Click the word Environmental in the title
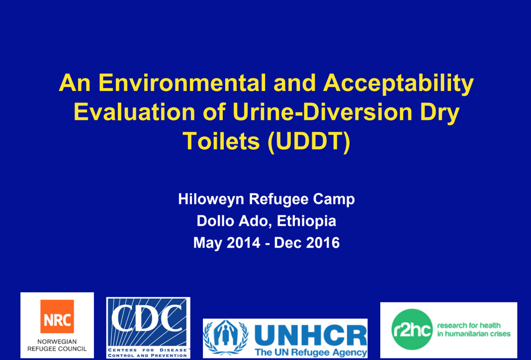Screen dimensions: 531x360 (x=182, y=83)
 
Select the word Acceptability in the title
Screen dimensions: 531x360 (x=398, y=84)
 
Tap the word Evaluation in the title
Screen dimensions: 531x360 (x=134, y=112)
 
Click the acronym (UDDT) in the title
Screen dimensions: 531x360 (x=309, y=142)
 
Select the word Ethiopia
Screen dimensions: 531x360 (x=306, y=221)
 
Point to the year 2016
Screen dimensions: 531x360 (x=323, y=243)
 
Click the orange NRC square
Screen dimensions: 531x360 (x=57, y=316)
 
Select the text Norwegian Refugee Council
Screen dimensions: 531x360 (x=57, y=345)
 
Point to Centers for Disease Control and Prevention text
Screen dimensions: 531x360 (x=148, y=353)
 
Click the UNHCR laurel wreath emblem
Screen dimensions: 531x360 (x=226, y=338)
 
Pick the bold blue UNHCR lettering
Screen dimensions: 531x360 (x=310, y=336)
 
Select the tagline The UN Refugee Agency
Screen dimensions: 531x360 (x=311, y=352)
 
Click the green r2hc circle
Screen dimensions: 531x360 (x=412, y=329)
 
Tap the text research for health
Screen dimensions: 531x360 (x=469, y=326)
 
